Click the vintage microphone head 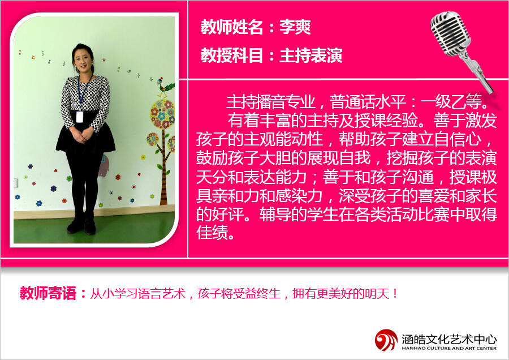pos(450,33)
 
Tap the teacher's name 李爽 pos(295,27)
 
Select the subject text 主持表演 pos(310,55)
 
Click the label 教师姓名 pos(232,27)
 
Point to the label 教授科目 pos(232,55)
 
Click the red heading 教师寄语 pos(48,293)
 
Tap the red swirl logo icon pos(386,340)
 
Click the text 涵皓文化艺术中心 pos(449,339)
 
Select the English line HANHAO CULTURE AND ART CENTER pos(449,348)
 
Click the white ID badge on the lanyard pos(80,117)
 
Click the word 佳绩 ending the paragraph pos(212,233)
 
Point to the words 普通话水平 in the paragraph pos(368,102)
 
